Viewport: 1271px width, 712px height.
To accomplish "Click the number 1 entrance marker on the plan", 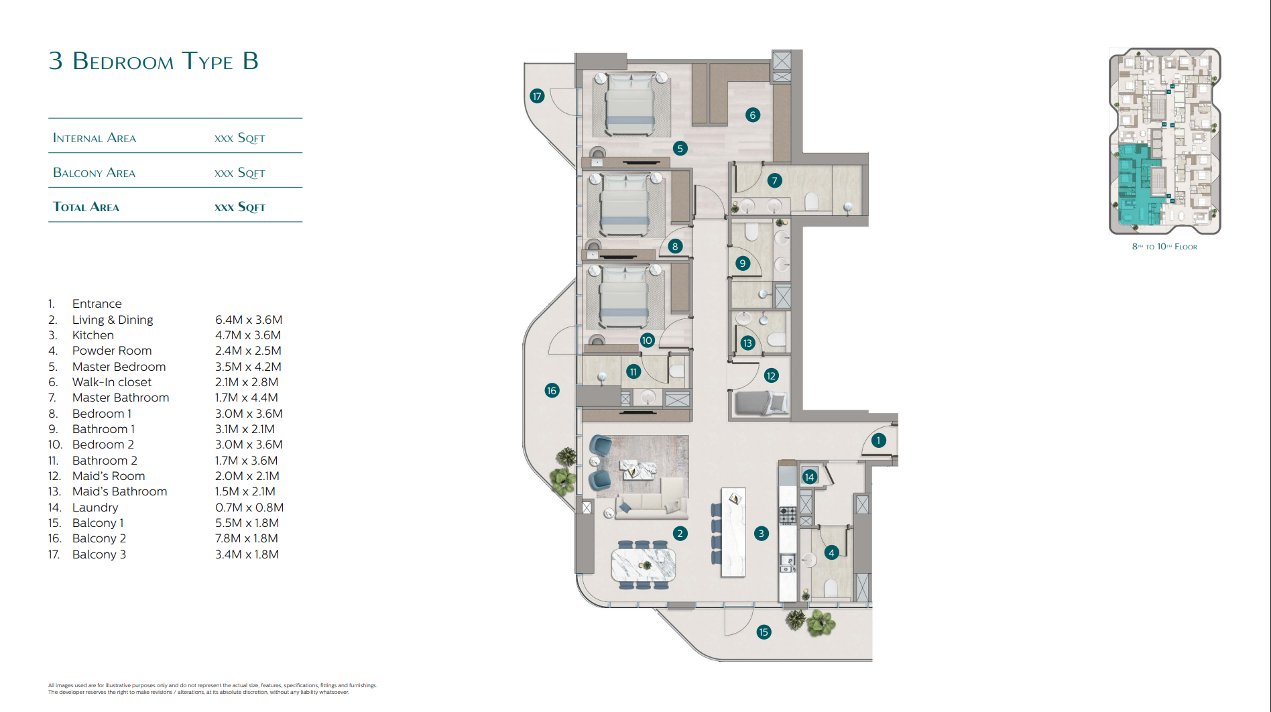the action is pyautogui.click(x=878, y=440).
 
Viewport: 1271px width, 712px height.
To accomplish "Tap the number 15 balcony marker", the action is pyautogui.click(x=764, y=632).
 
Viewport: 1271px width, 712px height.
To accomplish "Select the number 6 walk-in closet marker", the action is pyautogui.click(x=753, y=115).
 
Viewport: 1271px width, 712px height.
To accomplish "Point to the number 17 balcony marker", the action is pyautogui.click(x=537, y=96).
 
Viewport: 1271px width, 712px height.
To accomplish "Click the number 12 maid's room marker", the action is pyautogui.click(x=771, y=375).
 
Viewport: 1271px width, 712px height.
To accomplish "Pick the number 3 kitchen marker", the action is pyautogui.click(x=761, y=534).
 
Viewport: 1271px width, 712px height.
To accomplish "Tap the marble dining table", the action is pyautogui.click(x=644, y=565).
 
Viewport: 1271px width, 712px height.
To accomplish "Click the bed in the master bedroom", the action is pyautogui.click(x=630, y=104).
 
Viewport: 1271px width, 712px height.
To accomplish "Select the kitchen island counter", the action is pyautogui.click(x=733, y=532).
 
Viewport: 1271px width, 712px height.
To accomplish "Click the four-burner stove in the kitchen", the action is pyautogui.click(x=788, y=516).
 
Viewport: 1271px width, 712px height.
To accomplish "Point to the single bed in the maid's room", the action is pyautogui.click(x=762, y=403).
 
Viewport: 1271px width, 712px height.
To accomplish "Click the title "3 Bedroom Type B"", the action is pyautogui.click(x=154, y=61).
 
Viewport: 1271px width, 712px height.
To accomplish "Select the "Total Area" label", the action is pyautogui.click(x=86, y=207).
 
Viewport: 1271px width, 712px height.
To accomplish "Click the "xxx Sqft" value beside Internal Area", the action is pyautogui.click(x=240, y=138).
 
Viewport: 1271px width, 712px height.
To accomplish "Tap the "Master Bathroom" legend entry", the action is pyautogui.click(x=121, y=398).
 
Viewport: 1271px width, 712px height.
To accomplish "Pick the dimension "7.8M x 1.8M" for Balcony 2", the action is pyautogui.click(x=247, y=538).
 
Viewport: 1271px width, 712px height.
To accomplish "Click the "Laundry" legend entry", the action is pyautogui.click(x=95, y=508).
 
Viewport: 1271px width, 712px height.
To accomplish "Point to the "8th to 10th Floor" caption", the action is pyautogui.click(x=1164, y=247).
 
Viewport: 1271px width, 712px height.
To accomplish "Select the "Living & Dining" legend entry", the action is pyautogui.click(x=113, y=320).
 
